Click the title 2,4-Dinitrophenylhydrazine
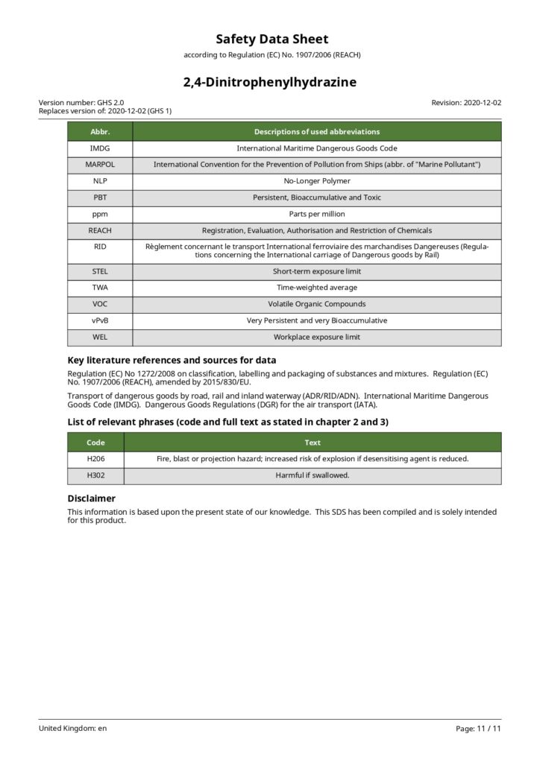pos(270,82)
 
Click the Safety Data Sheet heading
pos(270,39)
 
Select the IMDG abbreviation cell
pos(100,148)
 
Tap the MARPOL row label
pos(100,164)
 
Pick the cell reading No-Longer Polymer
pos(317,180)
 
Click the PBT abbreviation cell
pos(100,197)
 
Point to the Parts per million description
pos(317,214)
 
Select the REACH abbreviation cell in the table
pos(100,230)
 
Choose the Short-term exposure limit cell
pos(317,271)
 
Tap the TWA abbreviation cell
pos(100,287)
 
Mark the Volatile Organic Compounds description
pos(317,304)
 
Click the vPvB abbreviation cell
pos(100,320)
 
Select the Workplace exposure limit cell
pos(317,337)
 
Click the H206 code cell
pos(95,458)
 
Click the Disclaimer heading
pos(91,498)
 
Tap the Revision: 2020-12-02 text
pos(466,104)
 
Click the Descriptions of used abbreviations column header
pos(317,132)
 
